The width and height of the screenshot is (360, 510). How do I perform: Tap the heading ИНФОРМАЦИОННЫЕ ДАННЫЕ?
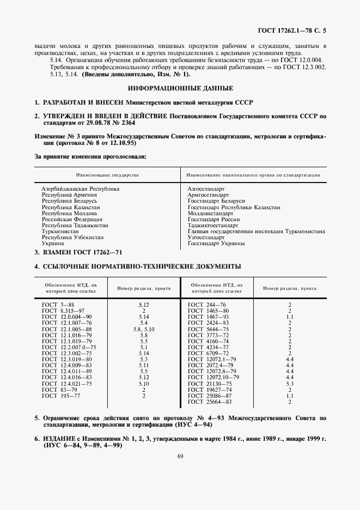(180, 88)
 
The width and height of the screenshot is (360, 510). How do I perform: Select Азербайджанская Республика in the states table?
(80, 189)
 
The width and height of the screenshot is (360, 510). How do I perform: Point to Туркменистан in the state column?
(59, 231)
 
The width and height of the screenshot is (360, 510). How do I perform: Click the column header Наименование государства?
(107, 175)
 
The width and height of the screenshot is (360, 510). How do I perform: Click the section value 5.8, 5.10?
(144, 329)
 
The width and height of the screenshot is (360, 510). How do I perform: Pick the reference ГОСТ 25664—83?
(209, 417)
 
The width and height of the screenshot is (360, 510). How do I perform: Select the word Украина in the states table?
(53, 244)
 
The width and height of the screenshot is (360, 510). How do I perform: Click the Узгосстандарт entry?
(206, 238)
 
